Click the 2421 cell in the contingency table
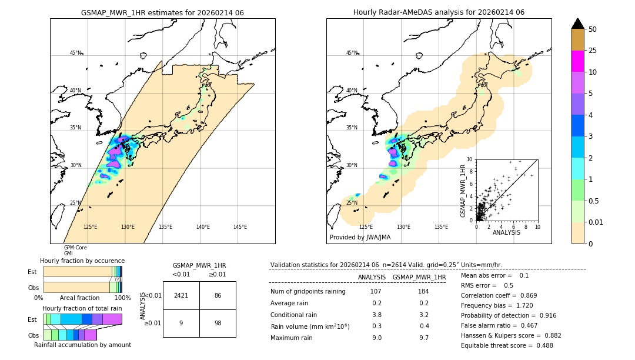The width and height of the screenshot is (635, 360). point(181,295)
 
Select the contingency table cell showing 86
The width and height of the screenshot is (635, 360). point(218,295)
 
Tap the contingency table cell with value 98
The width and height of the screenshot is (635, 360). point(218,323)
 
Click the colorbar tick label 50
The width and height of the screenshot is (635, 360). point(593,29)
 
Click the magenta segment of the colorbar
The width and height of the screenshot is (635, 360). point(577,62)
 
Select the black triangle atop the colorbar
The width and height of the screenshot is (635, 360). point(577,24)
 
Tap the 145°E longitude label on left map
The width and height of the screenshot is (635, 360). point(240,227)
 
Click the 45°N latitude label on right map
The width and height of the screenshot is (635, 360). point(352,53)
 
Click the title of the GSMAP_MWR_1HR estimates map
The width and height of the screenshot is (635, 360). point(162,12)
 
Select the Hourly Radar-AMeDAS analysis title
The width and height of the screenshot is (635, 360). point(439,12)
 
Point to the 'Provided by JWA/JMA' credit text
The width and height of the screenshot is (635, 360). point(360,238)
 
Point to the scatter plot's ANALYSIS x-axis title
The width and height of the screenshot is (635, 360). point(506,232)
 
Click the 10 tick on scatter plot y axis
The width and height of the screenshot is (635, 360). point(469,159)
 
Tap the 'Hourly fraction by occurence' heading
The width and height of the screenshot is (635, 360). point(82,261)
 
